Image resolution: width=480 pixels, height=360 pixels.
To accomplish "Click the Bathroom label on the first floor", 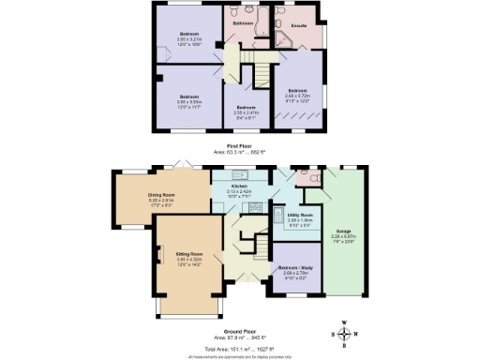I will point(244,25).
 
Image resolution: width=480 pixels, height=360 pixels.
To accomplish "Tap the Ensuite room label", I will point(300,26).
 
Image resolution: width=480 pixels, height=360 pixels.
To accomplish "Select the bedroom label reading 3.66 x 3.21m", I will point(189,37).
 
